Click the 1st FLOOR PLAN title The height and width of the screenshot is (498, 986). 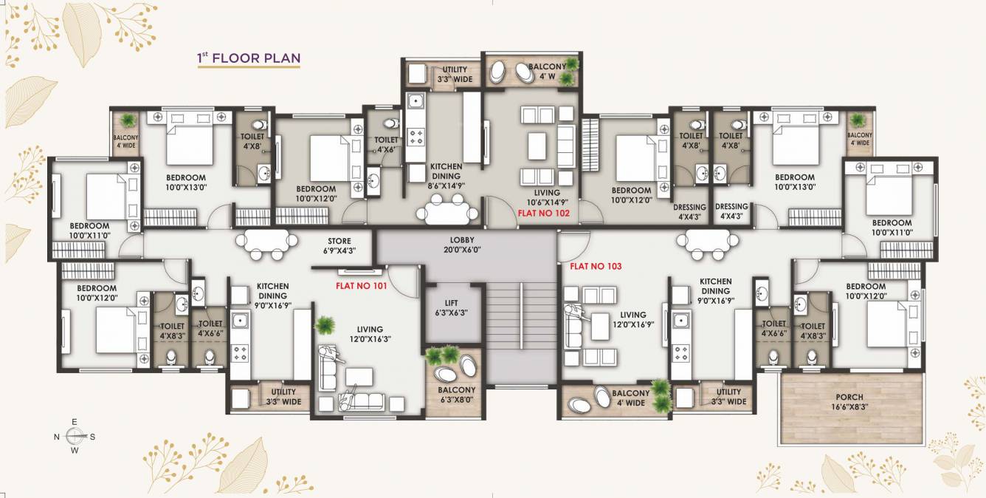tap(248, 58)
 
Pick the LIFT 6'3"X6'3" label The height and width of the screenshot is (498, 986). tap(451, 307)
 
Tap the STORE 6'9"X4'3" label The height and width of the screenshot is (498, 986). tap(339, 245)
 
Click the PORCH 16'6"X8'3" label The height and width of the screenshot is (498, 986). tap(849, 402)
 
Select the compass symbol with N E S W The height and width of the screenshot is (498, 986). tap(75, 436)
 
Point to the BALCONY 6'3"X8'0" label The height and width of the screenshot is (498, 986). tap(457, 395)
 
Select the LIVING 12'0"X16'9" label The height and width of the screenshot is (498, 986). tap(632, 320)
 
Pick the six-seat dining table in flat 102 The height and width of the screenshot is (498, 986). tap(446, 213)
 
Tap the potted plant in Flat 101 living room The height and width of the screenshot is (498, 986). tap(323, 324)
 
